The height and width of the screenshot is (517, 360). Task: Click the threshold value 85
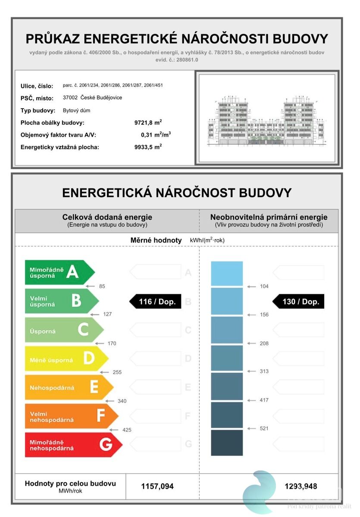pyautogui.click(x=102, y=286)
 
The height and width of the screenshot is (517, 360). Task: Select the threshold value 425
pyautogui.click(x=127, y=430)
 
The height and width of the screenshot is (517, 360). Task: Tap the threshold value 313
pyautogui.click(x=264, y=371)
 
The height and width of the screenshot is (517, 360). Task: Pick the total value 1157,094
pyautogui.click(x=157, y=486)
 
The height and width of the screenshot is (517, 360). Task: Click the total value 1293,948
pyautogui.click(x=301, y=486)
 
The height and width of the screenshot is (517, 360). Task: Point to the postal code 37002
pyautogui.click(x=70, y=97)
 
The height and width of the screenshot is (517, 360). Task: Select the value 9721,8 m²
pyautogui.click(x=148, y=123)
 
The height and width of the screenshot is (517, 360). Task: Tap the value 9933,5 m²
pyautogui.click(x=148, y=147)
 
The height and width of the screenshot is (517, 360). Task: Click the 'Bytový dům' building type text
pyautogui.click(x=76, y=110)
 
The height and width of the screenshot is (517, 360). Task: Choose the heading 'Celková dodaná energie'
pyautogui.click(x=107, y=217)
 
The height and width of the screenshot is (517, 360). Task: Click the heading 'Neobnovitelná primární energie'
pyautogui.click(x=269, y=217)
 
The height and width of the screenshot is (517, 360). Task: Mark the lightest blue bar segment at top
pyautogui.click(x=227, y=273)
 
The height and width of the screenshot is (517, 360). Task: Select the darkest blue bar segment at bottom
pyautogui.click(x=227, y=442)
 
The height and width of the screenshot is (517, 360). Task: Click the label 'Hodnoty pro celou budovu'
pyautogui.click(x=70, y=484)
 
